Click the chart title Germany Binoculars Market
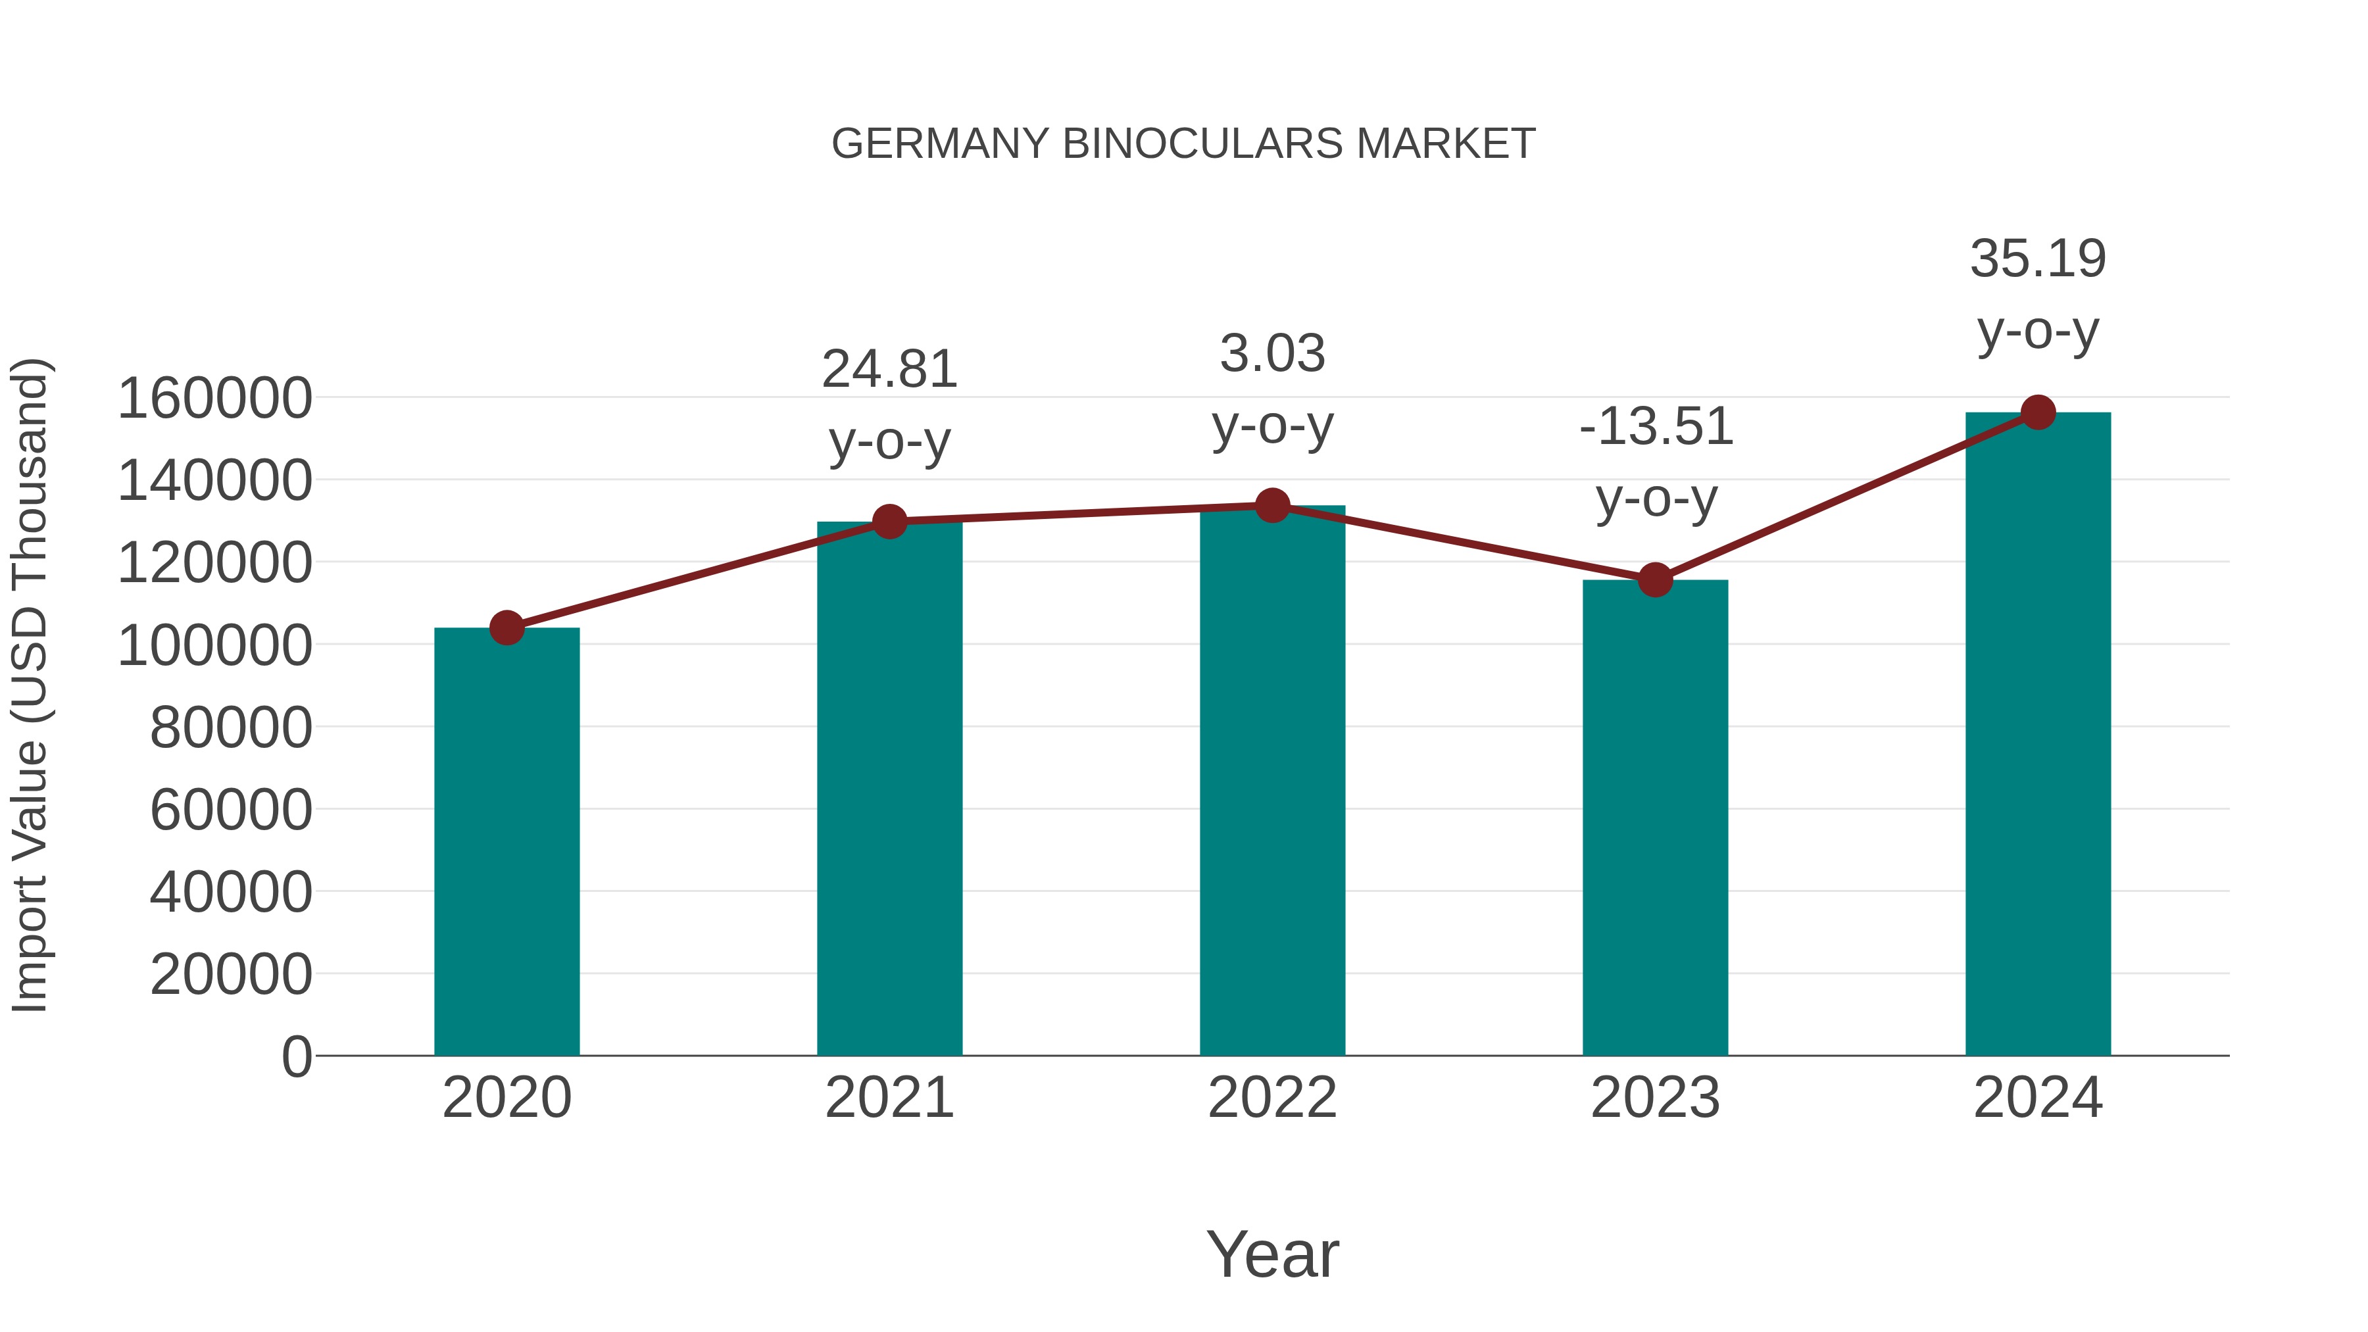click(x=1183, y=144)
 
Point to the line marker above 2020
click(x=506, y=629)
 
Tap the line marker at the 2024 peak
click(x=2038, y=412)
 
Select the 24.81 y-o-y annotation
click(x=889, y=405)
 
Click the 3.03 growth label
click(x=1272, y=389)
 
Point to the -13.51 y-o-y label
click(x=1656, y=462)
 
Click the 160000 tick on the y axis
click(x=215, y=399)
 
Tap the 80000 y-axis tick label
click(x=231, y=728)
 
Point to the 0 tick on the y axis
click(x=297, y=1056)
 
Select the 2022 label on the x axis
click(x=1272, y=1098)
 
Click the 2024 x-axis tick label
click(x=2038, y=1098)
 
